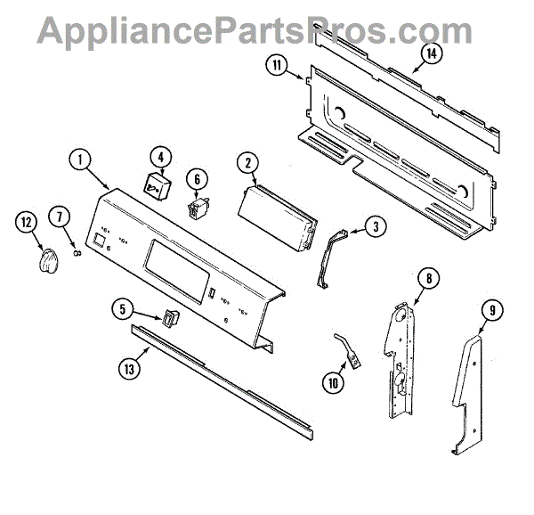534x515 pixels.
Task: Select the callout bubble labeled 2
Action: (x=247, y=162)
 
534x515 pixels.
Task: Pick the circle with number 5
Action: (x=125, y=310)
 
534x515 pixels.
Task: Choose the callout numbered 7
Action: (x=60, y=216)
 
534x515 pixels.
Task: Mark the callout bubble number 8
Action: (x=427, y=280)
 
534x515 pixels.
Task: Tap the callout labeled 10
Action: (x=335, y=384)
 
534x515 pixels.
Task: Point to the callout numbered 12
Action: (x=26, y=222)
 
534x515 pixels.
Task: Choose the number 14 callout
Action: (x=432, y=53)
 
